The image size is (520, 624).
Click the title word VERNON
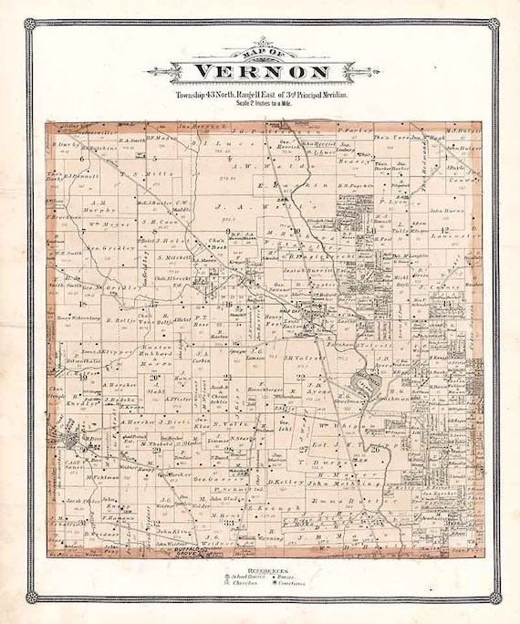click(260, 73)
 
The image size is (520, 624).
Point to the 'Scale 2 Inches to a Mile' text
click(260, 103)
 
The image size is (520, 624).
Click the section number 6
click(81, 158)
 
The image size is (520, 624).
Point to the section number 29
click(157, 450)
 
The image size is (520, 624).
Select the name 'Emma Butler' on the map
click(337, 499)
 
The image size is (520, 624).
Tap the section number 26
click(375, 448)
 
